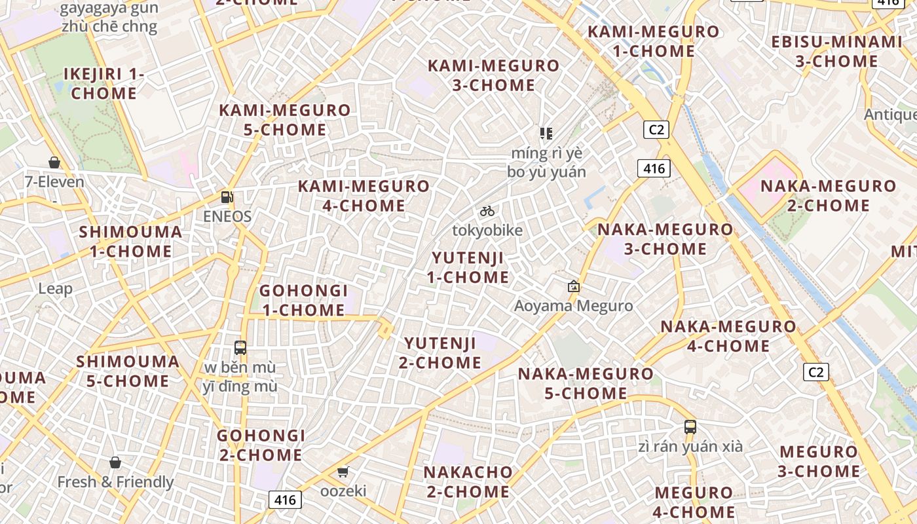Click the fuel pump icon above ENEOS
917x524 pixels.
click(227, 196)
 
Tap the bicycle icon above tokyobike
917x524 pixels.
click(487, 211)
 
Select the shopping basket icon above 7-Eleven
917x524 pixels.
click(54, 162)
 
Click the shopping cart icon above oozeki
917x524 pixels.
click(343, 472)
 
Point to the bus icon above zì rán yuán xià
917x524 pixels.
click(690, 427)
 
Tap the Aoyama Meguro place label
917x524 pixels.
click(573, 306)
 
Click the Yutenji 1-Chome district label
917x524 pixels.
click(468, 267)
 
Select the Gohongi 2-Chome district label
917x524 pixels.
click(261, 445)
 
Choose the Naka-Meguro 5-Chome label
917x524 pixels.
click(586, 383)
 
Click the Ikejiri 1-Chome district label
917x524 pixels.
click(104, 83)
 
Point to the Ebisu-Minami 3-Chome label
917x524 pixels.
click(836, 52)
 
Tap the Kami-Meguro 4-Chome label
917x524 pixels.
click(364, 195)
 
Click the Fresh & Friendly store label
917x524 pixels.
click(115, 482)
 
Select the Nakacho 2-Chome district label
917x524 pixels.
click(468, 481)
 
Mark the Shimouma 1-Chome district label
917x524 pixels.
click(130, 241)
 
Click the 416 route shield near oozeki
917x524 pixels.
click(285, 500)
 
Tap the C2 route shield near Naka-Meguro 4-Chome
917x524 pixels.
click(815, 372)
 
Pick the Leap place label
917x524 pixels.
click(56, 288)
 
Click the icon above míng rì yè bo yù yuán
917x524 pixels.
click(546, 134)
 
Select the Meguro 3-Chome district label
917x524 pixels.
click(818, 461)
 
